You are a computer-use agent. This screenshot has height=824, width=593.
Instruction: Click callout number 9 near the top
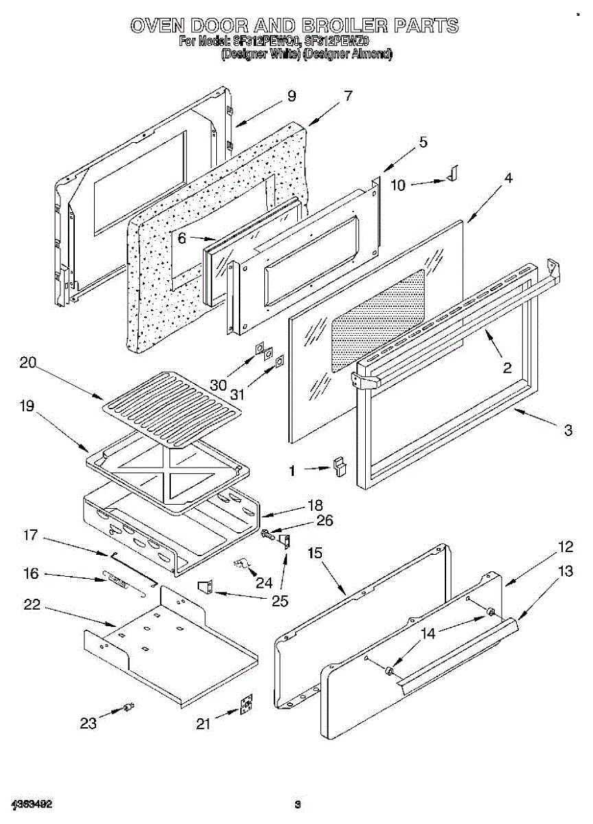(x=292, y=96)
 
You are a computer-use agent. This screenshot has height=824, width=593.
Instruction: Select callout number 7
(x=348, y=96)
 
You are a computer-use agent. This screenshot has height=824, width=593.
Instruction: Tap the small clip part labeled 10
(x=451, y=176)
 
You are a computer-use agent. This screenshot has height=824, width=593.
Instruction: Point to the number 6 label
(x=182, y=238)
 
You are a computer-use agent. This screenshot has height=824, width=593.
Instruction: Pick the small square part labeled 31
(x=279, y=360)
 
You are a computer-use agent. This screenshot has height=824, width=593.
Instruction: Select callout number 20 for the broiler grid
(x=27, y=364)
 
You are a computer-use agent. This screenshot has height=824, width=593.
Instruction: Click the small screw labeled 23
(x=128, y=707)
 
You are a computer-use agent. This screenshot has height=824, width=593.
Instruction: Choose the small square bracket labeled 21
(x=246, y=706)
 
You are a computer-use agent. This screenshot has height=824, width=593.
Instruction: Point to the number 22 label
(x=32, y=605)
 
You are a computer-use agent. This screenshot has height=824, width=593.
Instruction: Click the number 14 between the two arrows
(x=428, y=634)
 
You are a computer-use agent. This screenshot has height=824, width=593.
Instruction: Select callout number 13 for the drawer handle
(x=565, y=571)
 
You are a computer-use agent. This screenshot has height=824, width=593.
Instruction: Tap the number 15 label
(x=315, y=553)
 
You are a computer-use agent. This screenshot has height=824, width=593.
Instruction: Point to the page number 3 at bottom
(x=297, y=804)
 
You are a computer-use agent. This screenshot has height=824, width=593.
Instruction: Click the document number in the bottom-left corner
(x=32, y=804)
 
